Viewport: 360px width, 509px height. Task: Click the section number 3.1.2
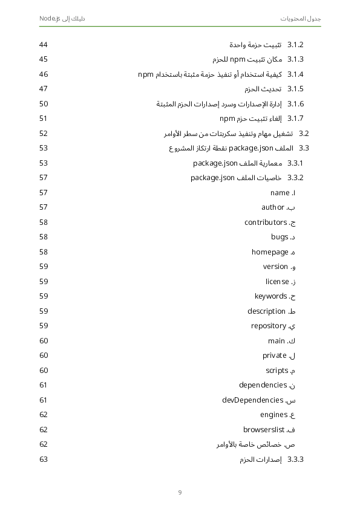click(295, 45)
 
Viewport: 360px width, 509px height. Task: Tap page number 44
click(44, 45)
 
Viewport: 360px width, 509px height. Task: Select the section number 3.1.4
click(295, 74)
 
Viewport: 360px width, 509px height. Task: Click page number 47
click(44, 89)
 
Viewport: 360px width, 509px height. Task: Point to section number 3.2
click(304, 133)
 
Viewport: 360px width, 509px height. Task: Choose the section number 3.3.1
click(295, 163)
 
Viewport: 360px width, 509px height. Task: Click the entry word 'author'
click(273, 207)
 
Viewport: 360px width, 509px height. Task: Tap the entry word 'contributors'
click(265, 222)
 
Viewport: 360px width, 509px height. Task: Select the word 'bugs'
click(280, 237)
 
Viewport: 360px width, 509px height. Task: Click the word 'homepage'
click(270, 252)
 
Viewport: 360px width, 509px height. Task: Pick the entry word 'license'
click(277, 282)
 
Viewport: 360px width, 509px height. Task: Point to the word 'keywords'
click(271, 296)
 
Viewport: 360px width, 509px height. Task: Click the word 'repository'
click(269, 326)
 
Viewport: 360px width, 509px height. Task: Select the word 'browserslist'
click(264, 430)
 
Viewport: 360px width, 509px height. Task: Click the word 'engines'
click(273, 415)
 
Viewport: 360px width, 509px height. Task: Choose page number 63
click(44, 459)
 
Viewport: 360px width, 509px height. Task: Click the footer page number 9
click(180, 491)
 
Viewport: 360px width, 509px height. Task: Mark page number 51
click(44, 118)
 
